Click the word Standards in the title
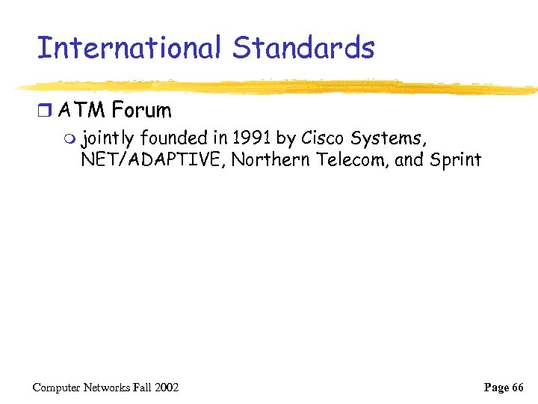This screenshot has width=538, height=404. click(303, 49)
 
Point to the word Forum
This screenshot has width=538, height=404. click(141, 111)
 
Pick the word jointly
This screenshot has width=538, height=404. click(108, 138)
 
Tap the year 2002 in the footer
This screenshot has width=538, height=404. click(166, 387)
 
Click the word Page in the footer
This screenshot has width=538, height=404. click(496, 387)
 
